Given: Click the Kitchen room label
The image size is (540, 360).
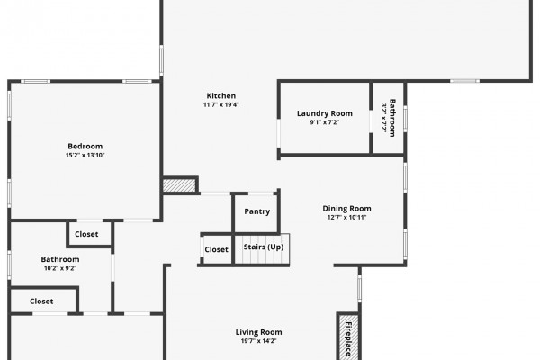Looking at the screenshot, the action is tap(221, 95).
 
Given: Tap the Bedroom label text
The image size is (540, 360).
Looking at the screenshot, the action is tap(85, 146).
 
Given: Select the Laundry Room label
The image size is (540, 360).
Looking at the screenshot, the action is tap(325, 113).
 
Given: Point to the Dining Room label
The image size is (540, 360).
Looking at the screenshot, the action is tap(346, 209).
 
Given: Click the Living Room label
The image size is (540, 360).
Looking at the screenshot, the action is tap(258, 332).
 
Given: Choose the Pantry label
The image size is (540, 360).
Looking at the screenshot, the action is tap(256, 211).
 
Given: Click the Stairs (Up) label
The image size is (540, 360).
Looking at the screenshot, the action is tap(264, 247).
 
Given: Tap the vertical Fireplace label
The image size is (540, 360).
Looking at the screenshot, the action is tap(348, 338).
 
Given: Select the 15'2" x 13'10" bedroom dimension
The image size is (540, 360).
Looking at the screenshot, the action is tap(85, 156).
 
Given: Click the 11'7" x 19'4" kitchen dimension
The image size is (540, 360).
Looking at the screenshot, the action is tap(221, 104).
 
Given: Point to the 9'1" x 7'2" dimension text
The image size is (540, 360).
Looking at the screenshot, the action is tap(325, 122).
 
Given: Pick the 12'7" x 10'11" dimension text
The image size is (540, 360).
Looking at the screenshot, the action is tap(346, 218).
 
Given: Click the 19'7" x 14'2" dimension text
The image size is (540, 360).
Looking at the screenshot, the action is tap(258, 341).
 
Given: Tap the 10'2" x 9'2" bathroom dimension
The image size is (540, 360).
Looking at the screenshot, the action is tap(60, 268).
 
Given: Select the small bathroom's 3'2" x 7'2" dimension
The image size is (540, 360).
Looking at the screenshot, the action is tap(384, 118).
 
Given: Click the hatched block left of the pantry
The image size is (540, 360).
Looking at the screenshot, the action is tap(179, 185).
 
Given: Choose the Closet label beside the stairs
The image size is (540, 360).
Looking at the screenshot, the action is tap(216, 249).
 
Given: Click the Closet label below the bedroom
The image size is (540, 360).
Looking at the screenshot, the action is tap(86, 234).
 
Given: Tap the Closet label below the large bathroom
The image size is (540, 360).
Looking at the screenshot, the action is tap(41, 301).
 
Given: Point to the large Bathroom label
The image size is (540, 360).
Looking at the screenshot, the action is tap(60, 259).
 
